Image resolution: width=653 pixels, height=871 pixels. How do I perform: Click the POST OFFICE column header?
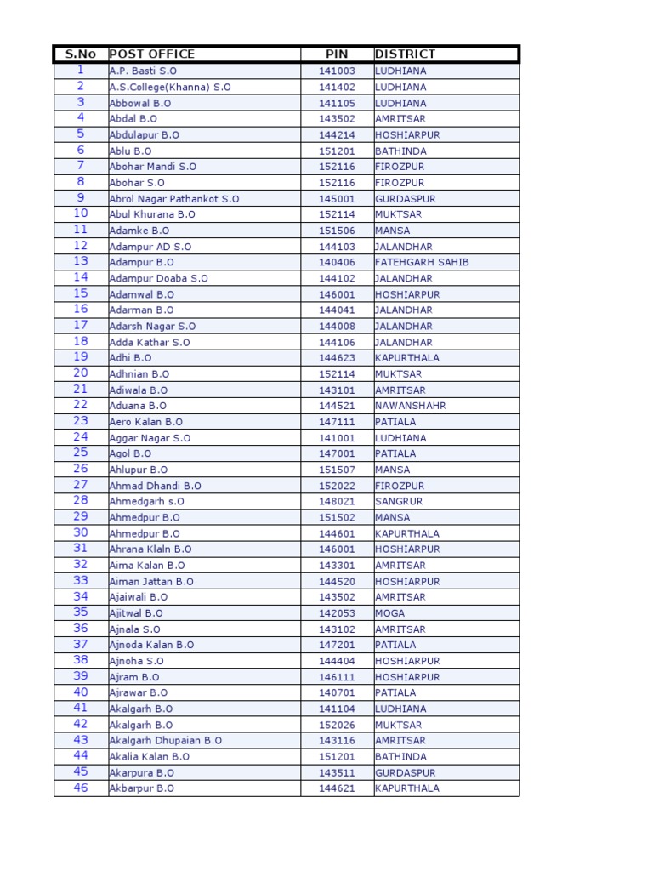[152, 54]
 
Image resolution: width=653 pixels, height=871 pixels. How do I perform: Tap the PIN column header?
[337, 54]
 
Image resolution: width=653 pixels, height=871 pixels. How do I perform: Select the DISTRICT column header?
[405, 54]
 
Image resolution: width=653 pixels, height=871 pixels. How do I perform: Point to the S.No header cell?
[81, 54]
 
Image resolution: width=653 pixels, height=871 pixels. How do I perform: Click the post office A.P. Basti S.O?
[143, 71]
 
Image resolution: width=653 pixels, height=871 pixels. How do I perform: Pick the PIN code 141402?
[337, 87]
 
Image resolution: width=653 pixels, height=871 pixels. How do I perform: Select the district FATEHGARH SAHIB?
[422, 262]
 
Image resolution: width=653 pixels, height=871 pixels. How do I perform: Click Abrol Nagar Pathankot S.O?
[174, 198]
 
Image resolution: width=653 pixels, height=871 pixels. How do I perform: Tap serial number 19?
[81, 357]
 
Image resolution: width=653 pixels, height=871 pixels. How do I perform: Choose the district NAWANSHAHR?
[410, 406]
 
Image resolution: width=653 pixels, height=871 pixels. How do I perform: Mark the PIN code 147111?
[337, 422]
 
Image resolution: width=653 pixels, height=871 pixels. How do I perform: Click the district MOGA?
[389, 613]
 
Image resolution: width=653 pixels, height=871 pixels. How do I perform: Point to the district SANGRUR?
[398, 502]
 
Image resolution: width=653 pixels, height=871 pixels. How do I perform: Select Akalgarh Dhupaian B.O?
[165, 741]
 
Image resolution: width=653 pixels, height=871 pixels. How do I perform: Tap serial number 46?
[81, 788]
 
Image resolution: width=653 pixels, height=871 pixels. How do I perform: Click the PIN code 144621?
[337, 788]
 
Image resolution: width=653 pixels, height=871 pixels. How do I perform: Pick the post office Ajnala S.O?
[134, 629]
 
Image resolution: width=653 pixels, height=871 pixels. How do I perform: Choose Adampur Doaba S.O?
[158, 278]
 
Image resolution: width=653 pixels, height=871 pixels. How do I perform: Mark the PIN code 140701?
[337, 693]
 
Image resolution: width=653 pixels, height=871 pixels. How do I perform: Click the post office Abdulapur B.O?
[144, 134]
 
